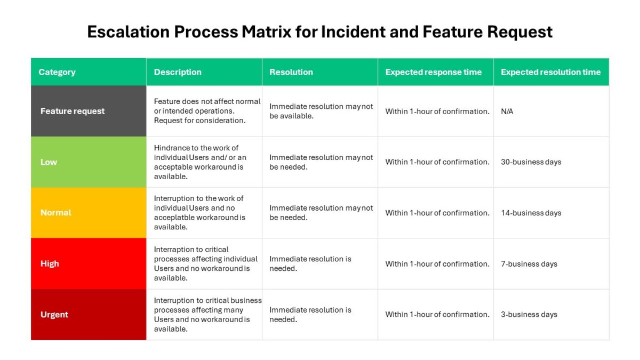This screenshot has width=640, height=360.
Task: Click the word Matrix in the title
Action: click(266, 31)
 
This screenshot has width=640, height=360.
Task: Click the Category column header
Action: click(57, 73)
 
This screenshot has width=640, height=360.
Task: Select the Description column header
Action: click(178, 72)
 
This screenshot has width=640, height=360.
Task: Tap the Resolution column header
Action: click(291, 72)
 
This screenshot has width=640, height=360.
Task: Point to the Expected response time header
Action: click(434, 72)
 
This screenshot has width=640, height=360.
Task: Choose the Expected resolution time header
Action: click(550, 72)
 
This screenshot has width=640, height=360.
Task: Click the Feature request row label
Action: click(73, 111)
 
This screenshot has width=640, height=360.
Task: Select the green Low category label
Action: click(49, 162)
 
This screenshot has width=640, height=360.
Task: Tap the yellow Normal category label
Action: click(55, 213)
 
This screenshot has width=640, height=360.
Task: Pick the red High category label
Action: click(50, 263)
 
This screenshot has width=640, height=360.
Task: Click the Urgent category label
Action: click(54, 314)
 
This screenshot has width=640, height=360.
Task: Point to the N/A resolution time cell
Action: click(507, 111)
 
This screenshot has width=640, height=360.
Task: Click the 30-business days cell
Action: click(531, 162)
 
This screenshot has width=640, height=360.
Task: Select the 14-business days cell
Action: click(531, 213)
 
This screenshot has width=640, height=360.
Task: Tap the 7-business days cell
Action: click(529, 263)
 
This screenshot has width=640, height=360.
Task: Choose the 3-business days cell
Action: click(529, 314)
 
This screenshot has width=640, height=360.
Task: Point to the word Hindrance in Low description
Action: click(171, 148)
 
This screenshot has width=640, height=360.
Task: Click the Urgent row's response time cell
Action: click(437, 314)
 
